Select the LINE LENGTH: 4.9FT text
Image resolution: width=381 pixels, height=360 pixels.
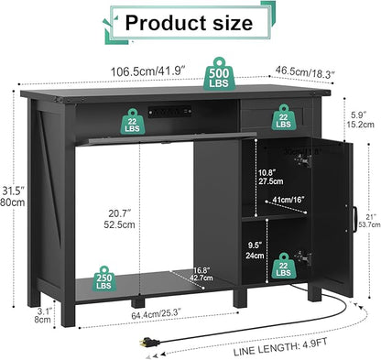(x=311, y=348)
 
